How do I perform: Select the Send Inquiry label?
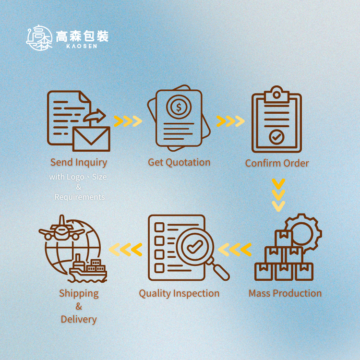[x=79, y=163]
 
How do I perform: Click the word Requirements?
[x=79, y=197]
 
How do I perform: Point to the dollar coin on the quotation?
[x=179, y=107]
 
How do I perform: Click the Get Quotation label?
[x=179, y=163]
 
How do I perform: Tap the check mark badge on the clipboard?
[x=277, y=137]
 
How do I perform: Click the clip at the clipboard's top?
[x=276, y=94]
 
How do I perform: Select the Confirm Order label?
[x=277, y=163]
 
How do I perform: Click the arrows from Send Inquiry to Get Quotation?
[x=128, y=121]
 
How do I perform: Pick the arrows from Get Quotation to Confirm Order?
[x=230, y=121]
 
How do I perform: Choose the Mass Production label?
[x=285, y=293]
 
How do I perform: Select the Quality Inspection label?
[x=179, y=293]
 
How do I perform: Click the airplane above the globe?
[x=61, y=229]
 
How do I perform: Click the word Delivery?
[x=79, y=319]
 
